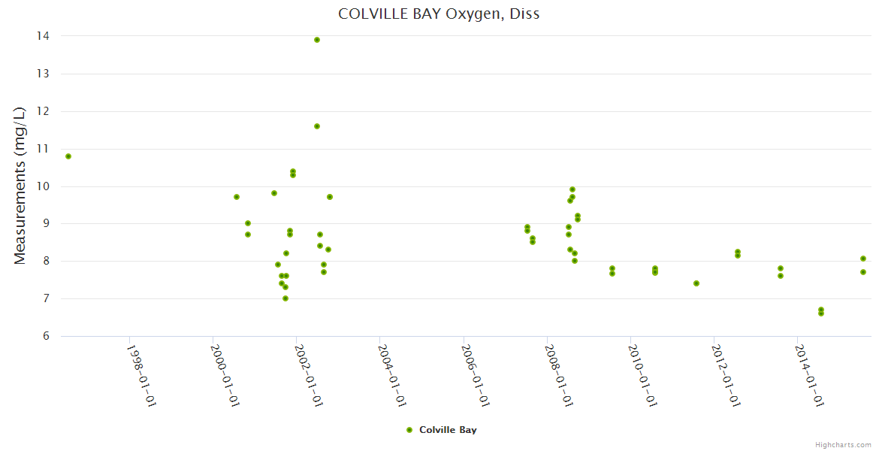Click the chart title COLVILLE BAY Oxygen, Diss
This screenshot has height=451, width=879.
pyautogui.click(x=439, y=14)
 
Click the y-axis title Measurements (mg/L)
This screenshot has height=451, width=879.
pyautogui.click(x=20, y=185)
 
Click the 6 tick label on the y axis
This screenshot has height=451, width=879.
pyautogui.click(x=46, y=336)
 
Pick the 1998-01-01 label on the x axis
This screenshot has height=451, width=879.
pyautogui.click(x=140, y=376)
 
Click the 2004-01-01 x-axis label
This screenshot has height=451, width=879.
pyautogui.click(x=391, y=376)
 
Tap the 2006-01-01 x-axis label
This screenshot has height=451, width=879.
pyautogui.click(x=476, y=376)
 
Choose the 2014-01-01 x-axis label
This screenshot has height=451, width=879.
pyautogui.click(x=810, y=376)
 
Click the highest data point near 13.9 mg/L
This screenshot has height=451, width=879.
pyautogui.click(x=317, y=40)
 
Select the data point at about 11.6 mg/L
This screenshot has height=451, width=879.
pyautogui.click(x=317, y=126)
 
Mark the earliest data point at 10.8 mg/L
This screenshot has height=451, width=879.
pyautogui.click(x=68, y=156)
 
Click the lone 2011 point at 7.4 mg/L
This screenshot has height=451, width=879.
pyautogui.click(x=696, y=283)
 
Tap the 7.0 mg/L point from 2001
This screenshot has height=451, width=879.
pyautogui.click(x=285, y=298)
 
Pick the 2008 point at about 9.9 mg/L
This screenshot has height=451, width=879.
pyautogui.click(x=572, y=189)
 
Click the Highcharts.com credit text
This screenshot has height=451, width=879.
pyautogui.click(x=843, y=445)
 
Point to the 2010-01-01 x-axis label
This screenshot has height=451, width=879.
pyautogui.click(x=642, y=376)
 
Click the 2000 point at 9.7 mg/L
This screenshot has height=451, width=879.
pyautogui.click(x=237, y=197)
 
